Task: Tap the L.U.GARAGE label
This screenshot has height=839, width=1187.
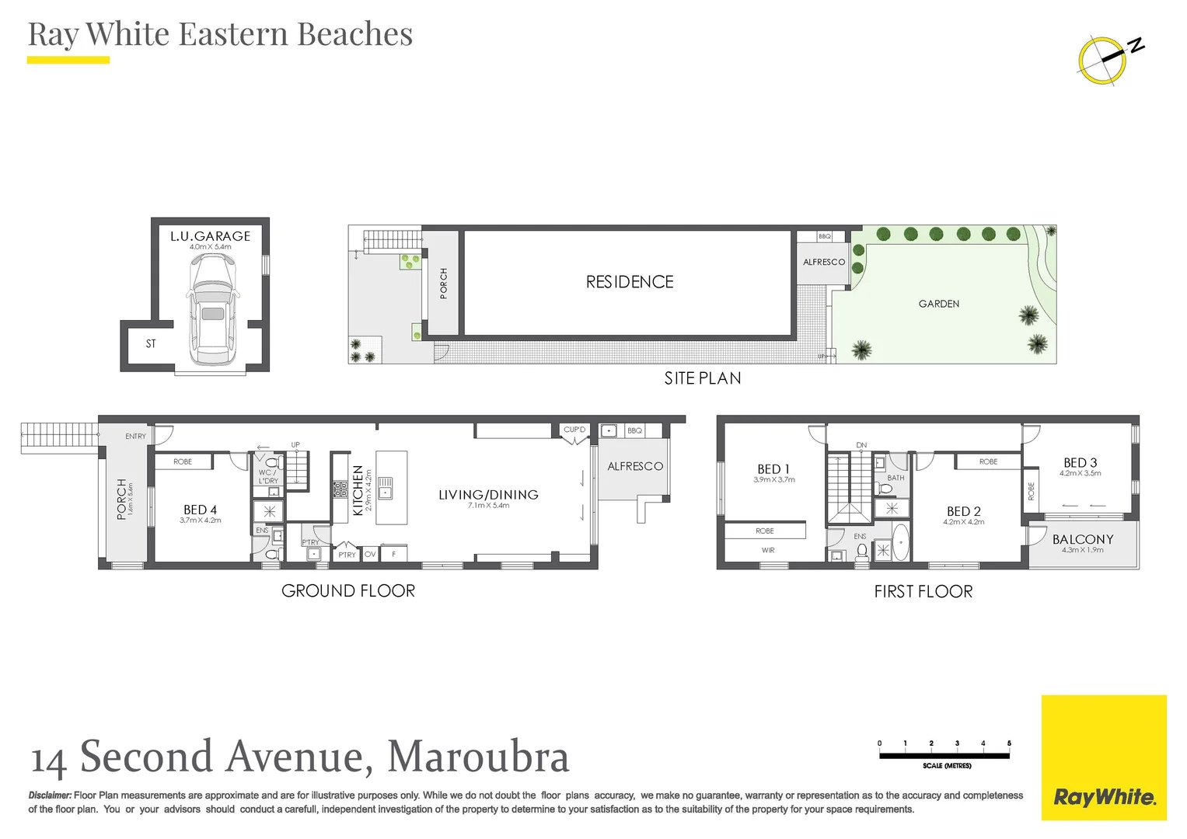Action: click(210, 236)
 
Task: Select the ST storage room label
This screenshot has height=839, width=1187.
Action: click(151, 343)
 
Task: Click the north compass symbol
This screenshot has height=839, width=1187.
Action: click(1104, 58)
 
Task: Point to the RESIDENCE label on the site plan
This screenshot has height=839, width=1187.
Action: click(630, 282)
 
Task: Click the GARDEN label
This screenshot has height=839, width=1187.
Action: click(938, 304)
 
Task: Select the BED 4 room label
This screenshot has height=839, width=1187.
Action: click(200, 510)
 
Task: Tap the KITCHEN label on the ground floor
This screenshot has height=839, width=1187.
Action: click(358, 490)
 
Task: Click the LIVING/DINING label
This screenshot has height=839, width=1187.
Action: click(488, 495)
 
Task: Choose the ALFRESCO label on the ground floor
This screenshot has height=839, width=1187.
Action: click(635, 466)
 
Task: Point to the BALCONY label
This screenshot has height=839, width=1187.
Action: click(1082, 539)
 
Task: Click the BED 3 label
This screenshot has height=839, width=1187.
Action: click(1080, 462)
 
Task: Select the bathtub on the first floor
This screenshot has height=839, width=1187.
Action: click(900, 541)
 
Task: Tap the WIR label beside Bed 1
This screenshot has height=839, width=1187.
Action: click(768, 550)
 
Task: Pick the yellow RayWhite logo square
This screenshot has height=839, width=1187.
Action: click(1103, 757)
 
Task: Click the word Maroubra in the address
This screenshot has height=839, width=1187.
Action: click(478, 757)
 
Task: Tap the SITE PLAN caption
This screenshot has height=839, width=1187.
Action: click(702, 378)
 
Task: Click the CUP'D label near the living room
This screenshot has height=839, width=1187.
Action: click(574, 430)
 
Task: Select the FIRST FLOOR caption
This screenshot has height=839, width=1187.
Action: click(923, 592)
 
